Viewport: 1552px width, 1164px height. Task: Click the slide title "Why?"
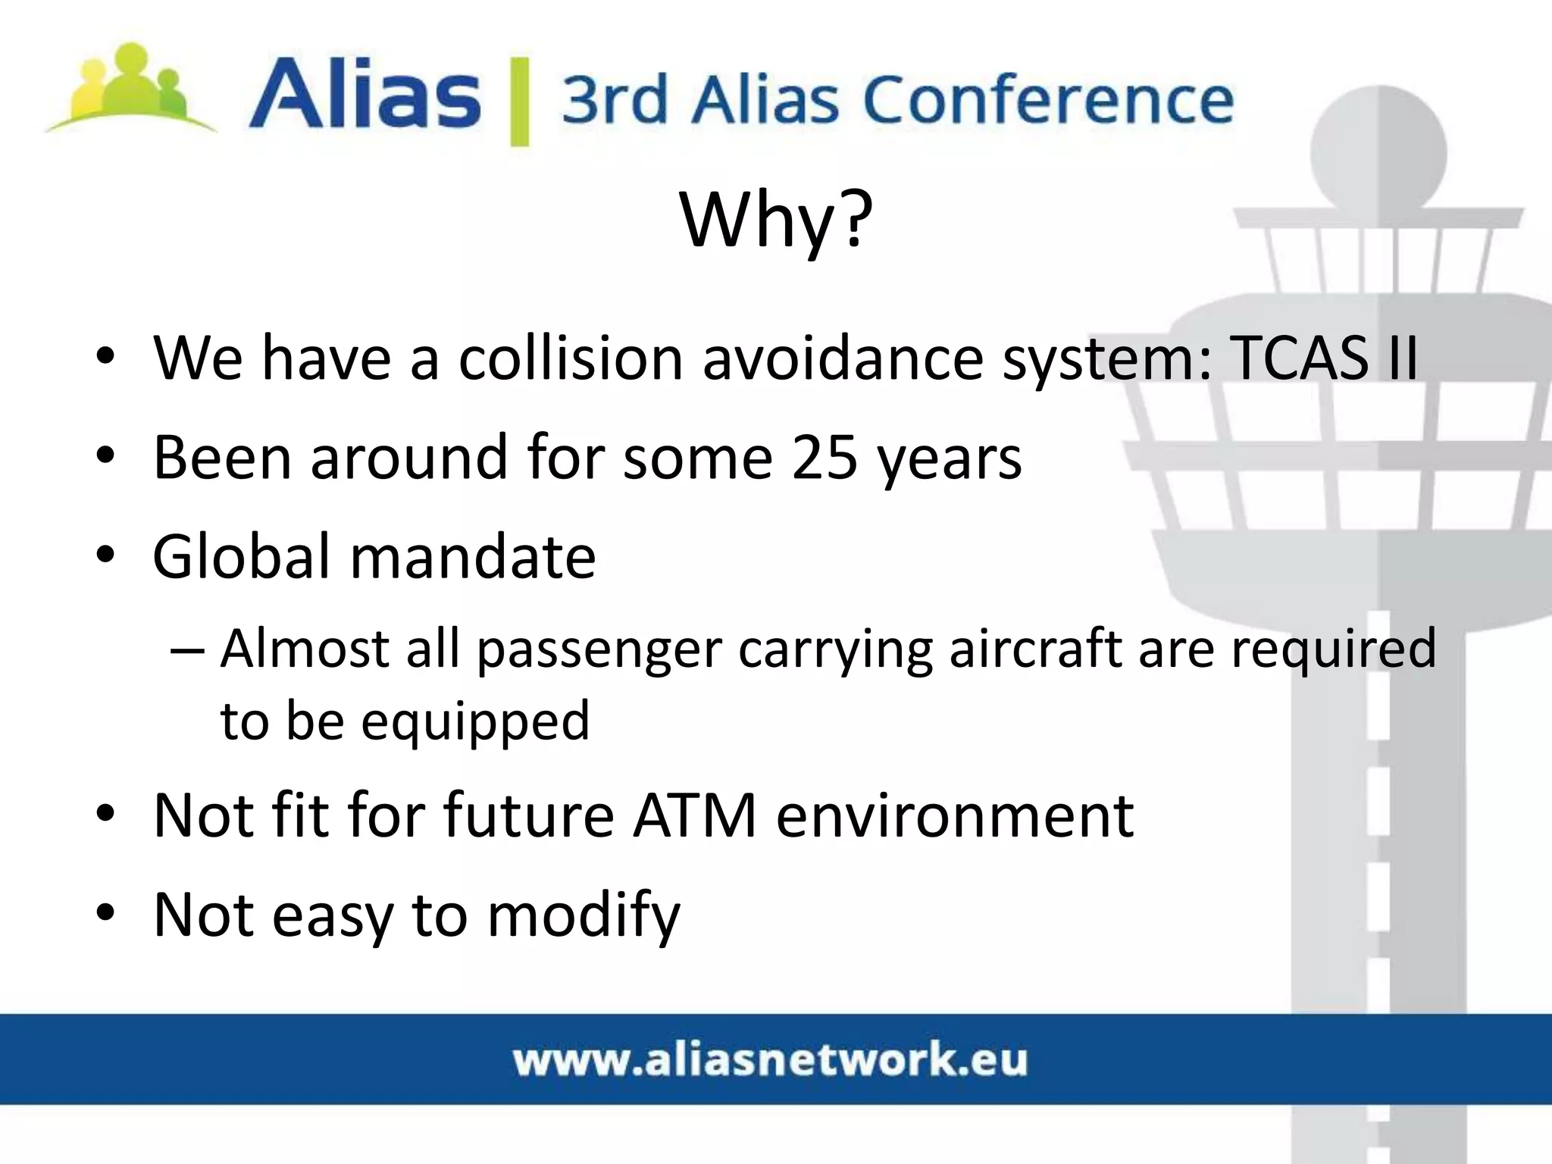tap(776, 220)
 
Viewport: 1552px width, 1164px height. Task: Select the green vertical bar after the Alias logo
tap(519, 101)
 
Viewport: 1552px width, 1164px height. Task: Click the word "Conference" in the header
tap(1049, 101)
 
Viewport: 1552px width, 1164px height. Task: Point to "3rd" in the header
tap(614, 101)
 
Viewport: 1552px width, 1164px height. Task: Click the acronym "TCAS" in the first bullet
tap(1297, 358)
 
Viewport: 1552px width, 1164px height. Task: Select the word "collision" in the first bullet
tap(571, 358)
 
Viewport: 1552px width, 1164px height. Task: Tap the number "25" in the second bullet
tap(824, 458)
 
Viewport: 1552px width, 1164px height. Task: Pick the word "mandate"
tap(473, 557)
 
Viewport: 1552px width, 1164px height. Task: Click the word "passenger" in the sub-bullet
tap(599, 650)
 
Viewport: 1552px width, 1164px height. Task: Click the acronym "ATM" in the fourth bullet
tap(695, 816)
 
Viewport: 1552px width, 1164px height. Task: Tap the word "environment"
tap(955, 816)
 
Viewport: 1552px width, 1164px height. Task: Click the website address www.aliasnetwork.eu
tap(770, 1059)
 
